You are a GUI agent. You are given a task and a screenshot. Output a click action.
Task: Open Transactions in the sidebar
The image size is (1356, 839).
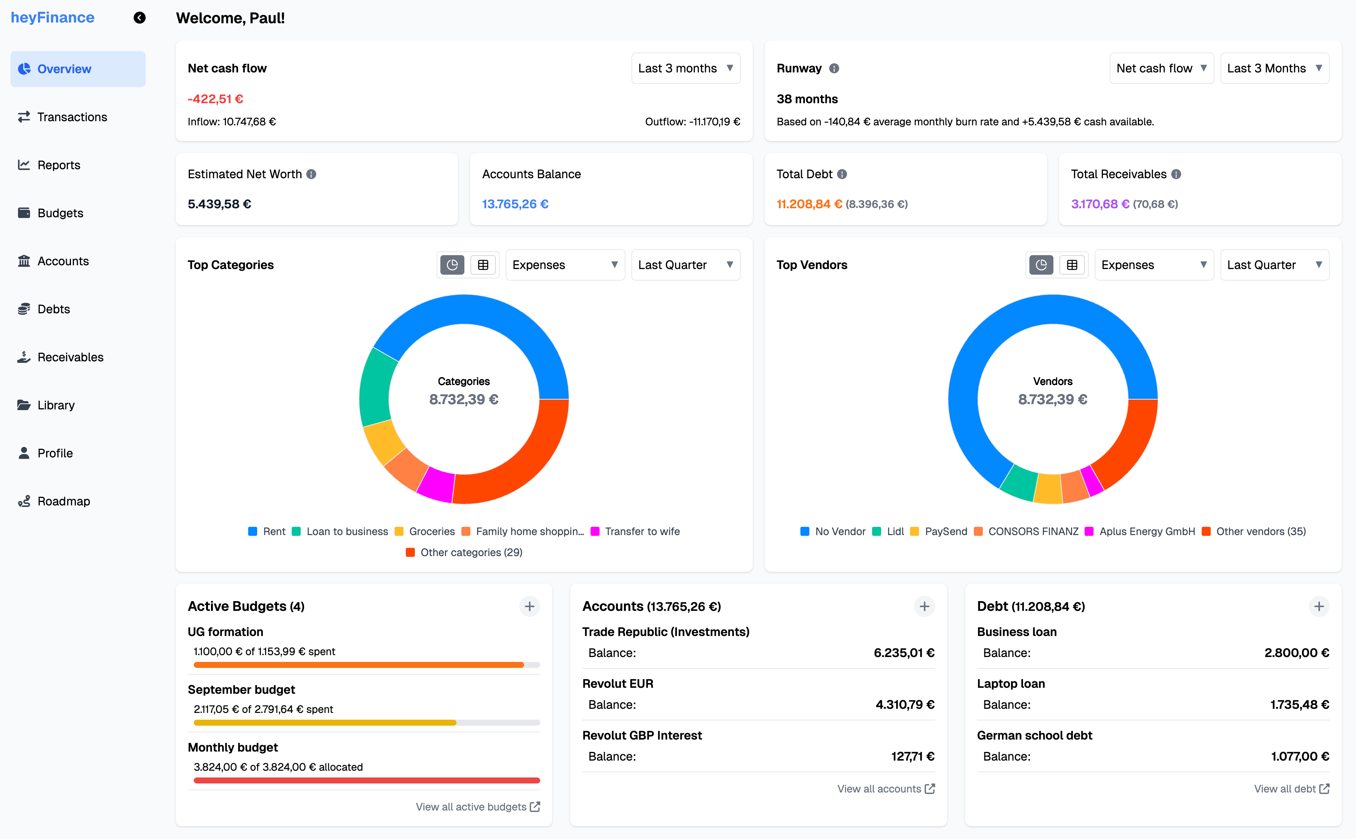click(x=72, y=117)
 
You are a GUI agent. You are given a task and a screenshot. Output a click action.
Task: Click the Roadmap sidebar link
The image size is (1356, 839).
click(x=63, y=501)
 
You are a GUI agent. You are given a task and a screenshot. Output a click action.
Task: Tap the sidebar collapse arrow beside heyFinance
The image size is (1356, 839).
click(x=139, y=18)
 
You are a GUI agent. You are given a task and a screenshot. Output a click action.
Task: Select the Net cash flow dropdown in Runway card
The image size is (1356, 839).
click(x=1161, y=68)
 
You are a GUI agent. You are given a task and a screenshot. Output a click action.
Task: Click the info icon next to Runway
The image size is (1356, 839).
click(x=834, y=68)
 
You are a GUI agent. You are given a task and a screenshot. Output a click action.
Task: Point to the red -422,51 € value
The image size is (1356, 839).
click(x=215, y=99)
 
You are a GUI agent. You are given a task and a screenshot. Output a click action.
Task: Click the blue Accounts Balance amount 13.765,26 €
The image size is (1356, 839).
click(x=515, y=204)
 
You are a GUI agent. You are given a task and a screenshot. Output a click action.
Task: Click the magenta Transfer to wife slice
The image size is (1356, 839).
click(x=436, y=484)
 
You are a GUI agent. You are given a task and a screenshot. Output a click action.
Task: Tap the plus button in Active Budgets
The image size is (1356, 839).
click(x=529, y=606)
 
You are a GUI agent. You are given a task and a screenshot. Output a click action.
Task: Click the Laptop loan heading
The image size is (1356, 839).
click(x=1010, y=684)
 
